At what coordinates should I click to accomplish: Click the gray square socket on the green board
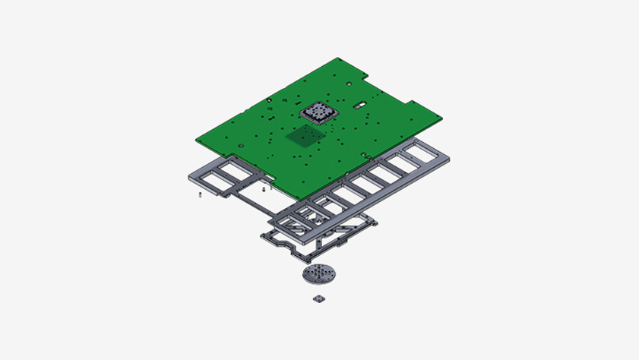coord(318,113)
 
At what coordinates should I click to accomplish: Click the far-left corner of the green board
coord(196,138)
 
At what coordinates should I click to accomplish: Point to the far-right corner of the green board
coord(442,115)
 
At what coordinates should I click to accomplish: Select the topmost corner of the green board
coord(337,58)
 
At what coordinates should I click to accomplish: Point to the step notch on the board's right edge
coord(410,101)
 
